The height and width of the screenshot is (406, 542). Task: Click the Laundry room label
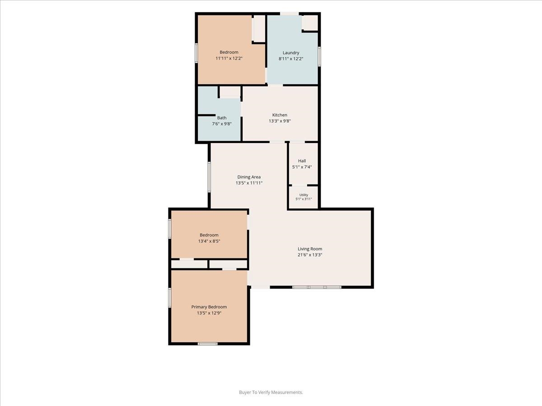point(291,52)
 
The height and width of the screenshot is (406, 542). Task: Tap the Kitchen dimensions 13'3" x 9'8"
point(280,121)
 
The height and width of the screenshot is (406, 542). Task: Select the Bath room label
point(221,118)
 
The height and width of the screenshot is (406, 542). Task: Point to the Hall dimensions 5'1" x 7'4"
point(302,167)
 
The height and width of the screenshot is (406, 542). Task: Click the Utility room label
point(304,195)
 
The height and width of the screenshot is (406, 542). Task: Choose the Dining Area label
point(249,177)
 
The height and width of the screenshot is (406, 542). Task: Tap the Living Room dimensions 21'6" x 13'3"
point(310,255)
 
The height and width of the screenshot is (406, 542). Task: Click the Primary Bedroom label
point(209,307)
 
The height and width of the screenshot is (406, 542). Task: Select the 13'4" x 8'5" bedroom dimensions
point(209,241)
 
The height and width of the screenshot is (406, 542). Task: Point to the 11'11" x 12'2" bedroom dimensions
point(229,59)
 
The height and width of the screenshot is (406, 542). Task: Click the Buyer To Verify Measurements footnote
point(271,392)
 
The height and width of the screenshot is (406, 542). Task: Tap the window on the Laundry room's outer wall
point(319,56)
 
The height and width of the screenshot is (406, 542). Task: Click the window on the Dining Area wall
point(209,177)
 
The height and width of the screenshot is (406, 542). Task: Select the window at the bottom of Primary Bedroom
point(208,344)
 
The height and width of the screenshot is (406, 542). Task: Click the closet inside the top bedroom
point(259,29)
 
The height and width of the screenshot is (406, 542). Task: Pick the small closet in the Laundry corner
point(310,23)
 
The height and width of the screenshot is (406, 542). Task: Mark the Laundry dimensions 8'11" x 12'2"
point(291,59)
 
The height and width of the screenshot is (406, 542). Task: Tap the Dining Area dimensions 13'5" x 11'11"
point(249,183)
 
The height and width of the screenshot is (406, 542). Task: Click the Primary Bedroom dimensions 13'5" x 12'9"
point(209,313)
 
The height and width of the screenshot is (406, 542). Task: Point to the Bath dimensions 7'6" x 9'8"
point(221,124)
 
